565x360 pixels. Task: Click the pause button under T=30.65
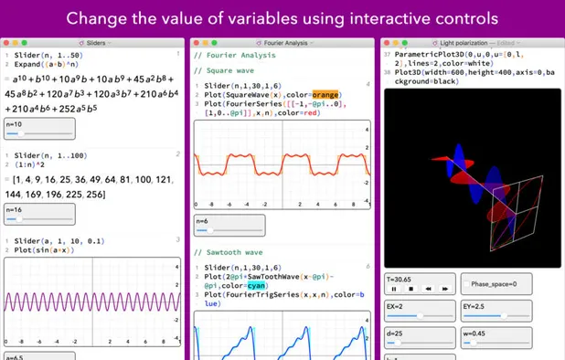tap(393, 289)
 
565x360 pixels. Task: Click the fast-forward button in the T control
tap(444, 289)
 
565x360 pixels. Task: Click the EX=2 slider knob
tap(421, 316)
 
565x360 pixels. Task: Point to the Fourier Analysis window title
tap(281, 42)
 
